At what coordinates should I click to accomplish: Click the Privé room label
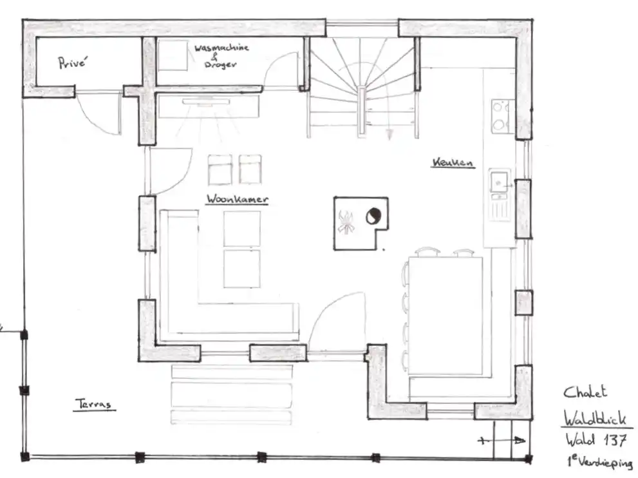(x=72, y=62)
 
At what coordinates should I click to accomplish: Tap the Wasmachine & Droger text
(x=221, y=56)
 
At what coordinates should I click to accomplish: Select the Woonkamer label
(x=237, y=198)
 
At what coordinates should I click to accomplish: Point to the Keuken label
(x=453, y=162)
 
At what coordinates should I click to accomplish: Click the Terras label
(x=93, y=404)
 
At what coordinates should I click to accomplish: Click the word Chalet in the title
(x=585, y=392)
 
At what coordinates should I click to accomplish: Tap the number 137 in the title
(x=614, y=440)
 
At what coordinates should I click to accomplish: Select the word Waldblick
(x=594, y=417)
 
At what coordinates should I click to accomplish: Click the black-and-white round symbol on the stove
(x=373, y=216)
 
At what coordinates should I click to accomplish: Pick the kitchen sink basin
(x=499, y=181)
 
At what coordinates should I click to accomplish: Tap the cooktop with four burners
(x=500, y=116)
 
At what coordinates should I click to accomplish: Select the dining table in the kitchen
(x=446, y=316)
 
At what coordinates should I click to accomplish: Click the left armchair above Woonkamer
(x=220, y=170)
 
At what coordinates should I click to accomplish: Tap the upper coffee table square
(x=242, y=229)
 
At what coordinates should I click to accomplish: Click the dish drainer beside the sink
(x=499, y=206)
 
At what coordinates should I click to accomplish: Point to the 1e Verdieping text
(x=601, y=462)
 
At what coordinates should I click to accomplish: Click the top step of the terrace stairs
(x=232, y=372)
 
